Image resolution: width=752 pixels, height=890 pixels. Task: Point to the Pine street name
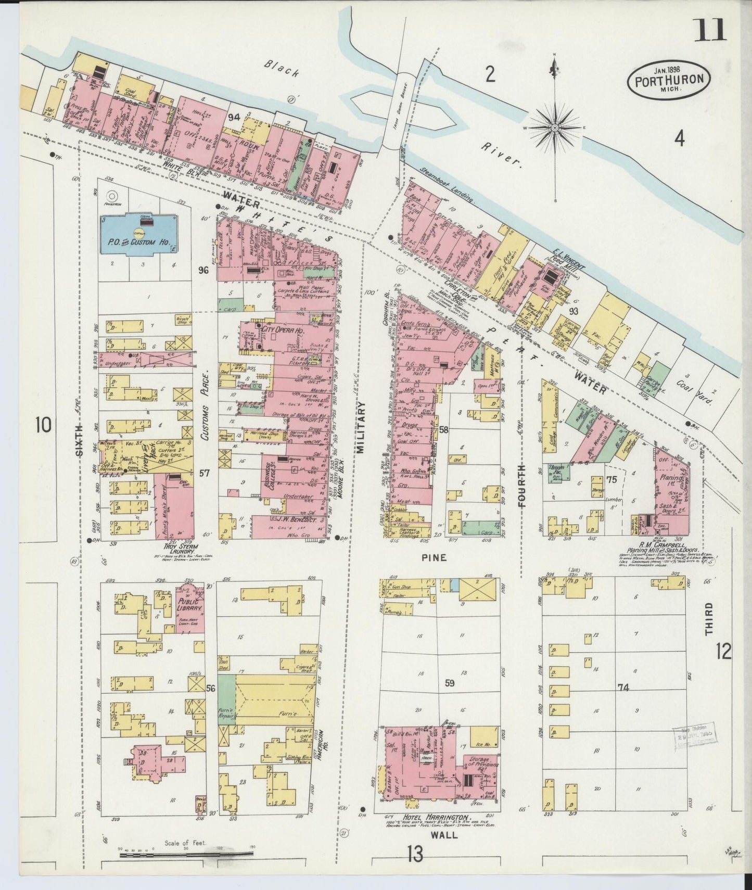coord(434,557)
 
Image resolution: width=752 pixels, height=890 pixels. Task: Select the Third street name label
coord(708,619)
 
